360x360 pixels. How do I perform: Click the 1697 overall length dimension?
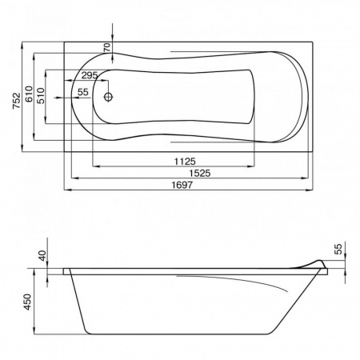tap(182, 185)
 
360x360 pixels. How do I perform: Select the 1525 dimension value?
tap(200, 174)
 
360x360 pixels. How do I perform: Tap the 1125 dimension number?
tap(185, 162)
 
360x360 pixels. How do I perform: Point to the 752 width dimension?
tap(17, 100)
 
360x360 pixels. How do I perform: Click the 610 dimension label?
tap(29, 94)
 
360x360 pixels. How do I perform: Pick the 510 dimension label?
tap(41, 96)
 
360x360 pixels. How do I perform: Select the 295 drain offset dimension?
tap(90, 75)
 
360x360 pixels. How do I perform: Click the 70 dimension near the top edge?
tap(106, 47)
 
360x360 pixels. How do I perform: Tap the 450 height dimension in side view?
tap(27, 302)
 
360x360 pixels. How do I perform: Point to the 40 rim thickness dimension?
tap(42, 256)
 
